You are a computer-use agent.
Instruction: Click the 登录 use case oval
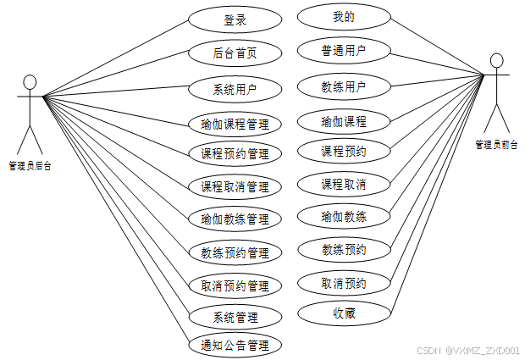point(235,19)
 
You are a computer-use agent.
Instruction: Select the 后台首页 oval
point(235,53)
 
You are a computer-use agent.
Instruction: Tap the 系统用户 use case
point(235,87)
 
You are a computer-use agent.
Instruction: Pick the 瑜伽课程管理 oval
point(235,124)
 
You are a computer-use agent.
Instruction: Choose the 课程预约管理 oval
point(235,154)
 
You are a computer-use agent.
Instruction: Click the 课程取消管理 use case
point(235,186)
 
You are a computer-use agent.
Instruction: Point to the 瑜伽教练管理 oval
point(235,219)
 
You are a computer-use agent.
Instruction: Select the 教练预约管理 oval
point(235,252)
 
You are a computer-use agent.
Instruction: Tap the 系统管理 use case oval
point(235,318)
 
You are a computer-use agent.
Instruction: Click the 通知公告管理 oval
point(235,345)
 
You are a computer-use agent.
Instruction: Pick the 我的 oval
point(344,17)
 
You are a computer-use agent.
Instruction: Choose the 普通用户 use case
point(344,51)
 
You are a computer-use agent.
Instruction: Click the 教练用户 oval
point(344,86)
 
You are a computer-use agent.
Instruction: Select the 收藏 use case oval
point(344,313)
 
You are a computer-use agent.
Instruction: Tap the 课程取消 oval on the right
point(344,184)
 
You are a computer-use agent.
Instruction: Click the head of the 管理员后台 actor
point(30,82)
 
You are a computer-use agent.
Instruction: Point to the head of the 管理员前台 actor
point(496,61)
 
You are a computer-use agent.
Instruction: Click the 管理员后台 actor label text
point(30,166)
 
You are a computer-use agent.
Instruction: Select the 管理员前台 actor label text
point(496,145)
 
